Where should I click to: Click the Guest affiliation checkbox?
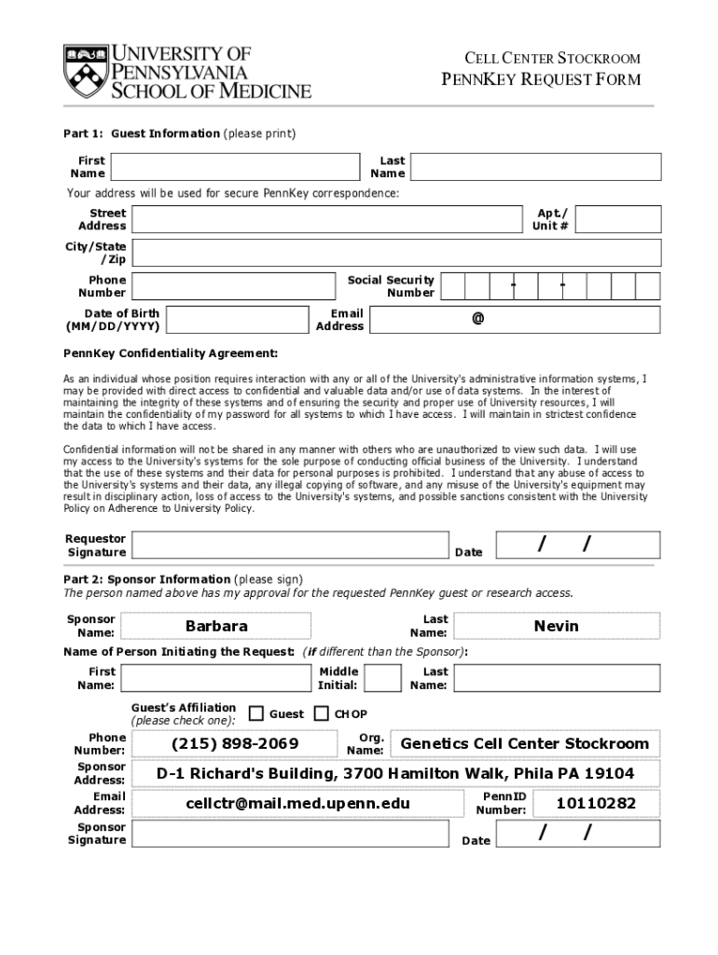(256, 713)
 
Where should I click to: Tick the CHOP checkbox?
(321, 713)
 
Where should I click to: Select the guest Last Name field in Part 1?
(535, 167)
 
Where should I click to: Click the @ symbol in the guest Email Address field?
(477, 319)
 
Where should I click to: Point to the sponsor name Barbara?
(216, 626)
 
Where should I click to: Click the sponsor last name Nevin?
(556, 626)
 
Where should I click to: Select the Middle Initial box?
(382, 678)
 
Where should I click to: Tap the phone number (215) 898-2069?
(235, 743)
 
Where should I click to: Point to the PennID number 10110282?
(596, 803)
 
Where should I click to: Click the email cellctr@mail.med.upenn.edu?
(297, 803)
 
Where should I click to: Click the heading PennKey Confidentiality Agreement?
(171, 353)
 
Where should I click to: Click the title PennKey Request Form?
(540, 79)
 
